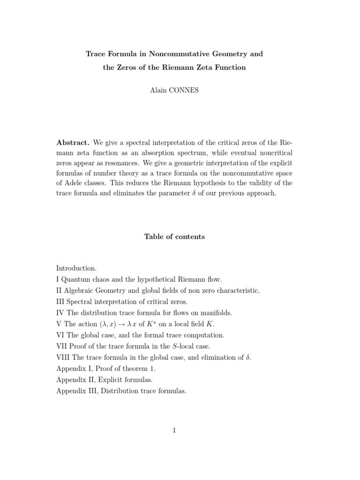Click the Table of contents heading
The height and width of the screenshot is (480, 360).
click(174, 237)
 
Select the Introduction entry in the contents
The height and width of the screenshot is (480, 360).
click(76, 269)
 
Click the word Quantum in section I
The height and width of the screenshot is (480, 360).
click(74, 279)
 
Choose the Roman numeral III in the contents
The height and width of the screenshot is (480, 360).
click(61, 301)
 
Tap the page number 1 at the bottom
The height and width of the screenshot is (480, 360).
click(174, 431)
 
